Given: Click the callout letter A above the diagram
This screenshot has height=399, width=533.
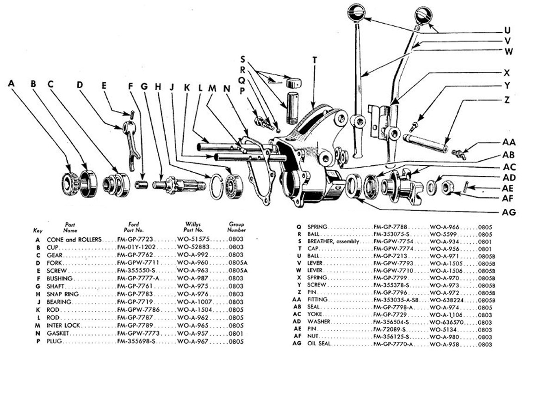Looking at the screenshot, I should coord(12,84).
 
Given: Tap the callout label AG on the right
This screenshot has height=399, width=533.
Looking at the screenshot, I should coord(509,212).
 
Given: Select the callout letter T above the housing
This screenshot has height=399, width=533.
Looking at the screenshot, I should coord(315,60).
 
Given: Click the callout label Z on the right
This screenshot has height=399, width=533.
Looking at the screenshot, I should coord(507,100).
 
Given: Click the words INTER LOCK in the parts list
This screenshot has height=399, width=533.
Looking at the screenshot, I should coord(62,326).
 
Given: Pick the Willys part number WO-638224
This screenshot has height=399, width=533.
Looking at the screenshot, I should coord(447,300).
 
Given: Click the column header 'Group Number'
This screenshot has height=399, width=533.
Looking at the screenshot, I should coord(236,227).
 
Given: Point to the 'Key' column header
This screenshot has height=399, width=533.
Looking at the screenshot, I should coord(37,230).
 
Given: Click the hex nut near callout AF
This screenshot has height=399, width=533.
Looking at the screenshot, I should coord(447,187).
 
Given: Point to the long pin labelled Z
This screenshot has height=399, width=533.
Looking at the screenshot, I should coord(425,143).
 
